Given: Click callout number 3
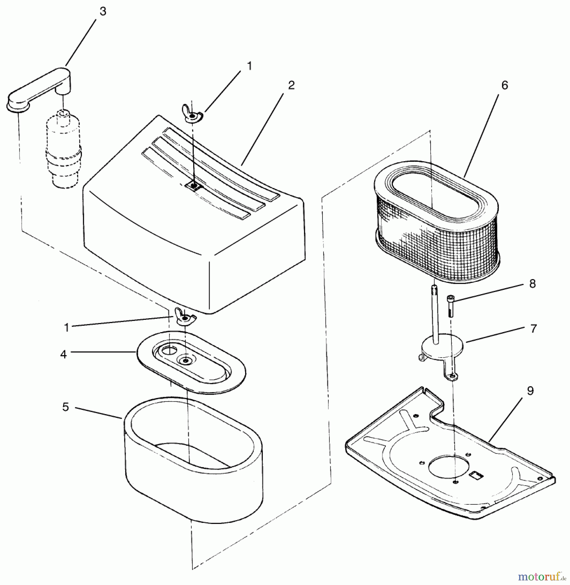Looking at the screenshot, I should [103, 12].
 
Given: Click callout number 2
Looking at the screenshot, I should [291, 85].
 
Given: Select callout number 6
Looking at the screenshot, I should [504, 85].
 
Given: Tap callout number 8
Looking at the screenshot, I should [532, 284].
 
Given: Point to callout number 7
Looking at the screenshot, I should [533, 329].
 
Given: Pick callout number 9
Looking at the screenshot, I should [530, 391].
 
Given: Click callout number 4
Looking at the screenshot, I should [63, 354].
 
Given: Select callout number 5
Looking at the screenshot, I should [66, 407].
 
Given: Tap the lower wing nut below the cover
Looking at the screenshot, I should [184, 317].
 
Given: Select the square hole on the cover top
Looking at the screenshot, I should [194, 186].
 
